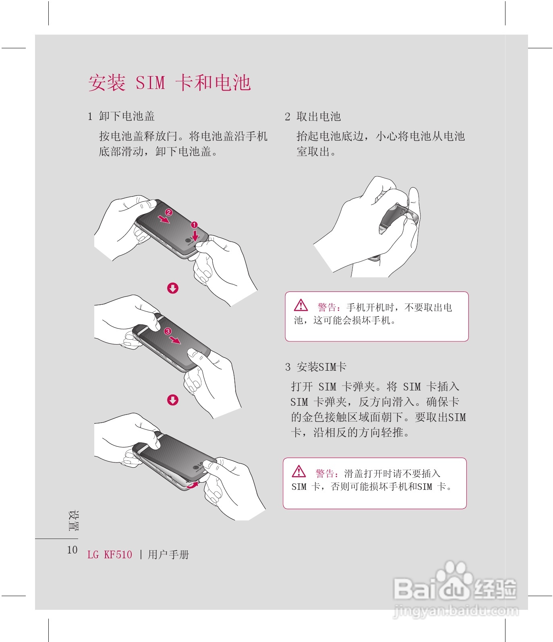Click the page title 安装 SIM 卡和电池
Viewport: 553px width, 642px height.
(x=170, y=83)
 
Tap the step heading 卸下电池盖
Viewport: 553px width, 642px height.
(x=127, y=116)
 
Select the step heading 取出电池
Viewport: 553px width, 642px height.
(x=319, y=117)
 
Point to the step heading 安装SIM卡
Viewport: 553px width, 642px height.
(x=321, y=367)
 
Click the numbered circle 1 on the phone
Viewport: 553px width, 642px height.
(x=194, y=225)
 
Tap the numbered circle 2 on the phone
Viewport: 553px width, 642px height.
(x=169, y=212)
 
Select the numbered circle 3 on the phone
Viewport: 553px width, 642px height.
(x=168, y=331)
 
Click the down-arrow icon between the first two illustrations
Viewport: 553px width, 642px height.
(x=173, y=288)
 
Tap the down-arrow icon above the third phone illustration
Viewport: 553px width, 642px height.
(x=173, y=400)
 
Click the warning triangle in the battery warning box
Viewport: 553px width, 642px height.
(x=301, y=306)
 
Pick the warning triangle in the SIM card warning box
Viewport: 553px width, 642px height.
(x=299, y=471)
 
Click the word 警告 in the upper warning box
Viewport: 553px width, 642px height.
(x=327, y=308)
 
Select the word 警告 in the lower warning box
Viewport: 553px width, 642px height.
(x=325, y=474)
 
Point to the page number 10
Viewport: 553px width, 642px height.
(x=72, y=550)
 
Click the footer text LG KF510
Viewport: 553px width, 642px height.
(x=110, y=555)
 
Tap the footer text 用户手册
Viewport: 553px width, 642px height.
(x=168, y=555)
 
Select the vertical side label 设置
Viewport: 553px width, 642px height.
(x=73, y=521)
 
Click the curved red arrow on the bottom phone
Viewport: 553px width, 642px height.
(x=193, y=485)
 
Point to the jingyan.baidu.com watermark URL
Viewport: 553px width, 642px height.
(x=456, y=611)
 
